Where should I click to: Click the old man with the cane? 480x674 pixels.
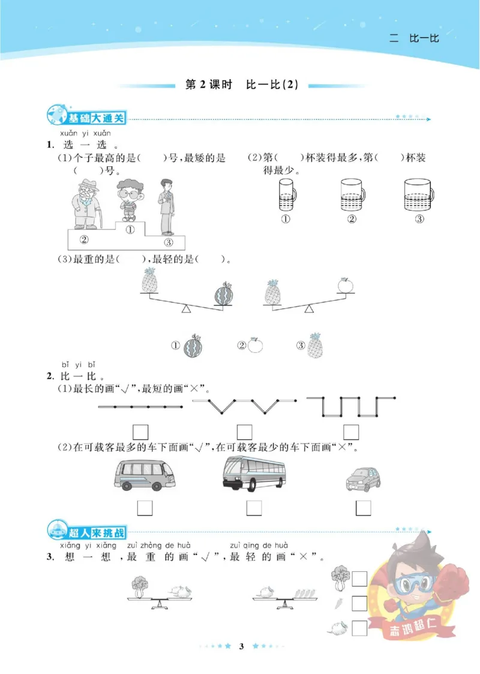(85, 203)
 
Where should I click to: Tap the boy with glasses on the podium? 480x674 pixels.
(127, 201)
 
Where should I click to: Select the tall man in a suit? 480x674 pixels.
(166, 207)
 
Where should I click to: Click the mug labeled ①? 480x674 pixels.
(286, 194)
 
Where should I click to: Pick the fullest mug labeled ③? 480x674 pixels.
(418, 194)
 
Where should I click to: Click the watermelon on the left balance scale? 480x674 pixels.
(223, 295)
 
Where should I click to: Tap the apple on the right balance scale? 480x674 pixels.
(344, 286)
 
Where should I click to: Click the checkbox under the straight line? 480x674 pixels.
(140, 432)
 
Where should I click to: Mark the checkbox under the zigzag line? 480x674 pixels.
(244, 432)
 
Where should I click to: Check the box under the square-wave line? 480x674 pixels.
(350, 432)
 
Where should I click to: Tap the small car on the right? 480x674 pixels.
(364, 478)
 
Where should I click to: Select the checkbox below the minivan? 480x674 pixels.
(145, 508)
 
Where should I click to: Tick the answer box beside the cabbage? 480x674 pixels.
(359, 579)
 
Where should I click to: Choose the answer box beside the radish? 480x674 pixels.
(359, 628)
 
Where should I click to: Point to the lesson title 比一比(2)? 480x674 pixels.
(272, 85)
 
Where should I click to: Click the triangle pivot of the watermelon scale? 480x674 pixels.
(186, 308)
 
